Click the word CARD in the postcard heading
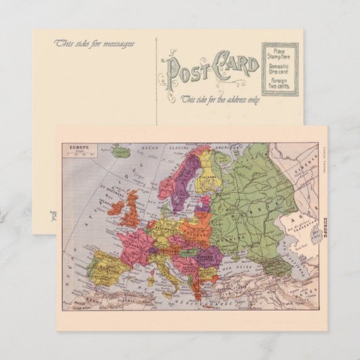pos(235,67)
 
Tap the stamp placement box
pos(281,69)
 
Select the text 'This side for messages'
pos(94,43)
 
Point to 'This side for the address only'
pos(219,99)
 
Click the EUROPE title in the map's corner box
pos(73,147)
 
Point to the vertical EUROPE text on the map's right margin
pos(323,223)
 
